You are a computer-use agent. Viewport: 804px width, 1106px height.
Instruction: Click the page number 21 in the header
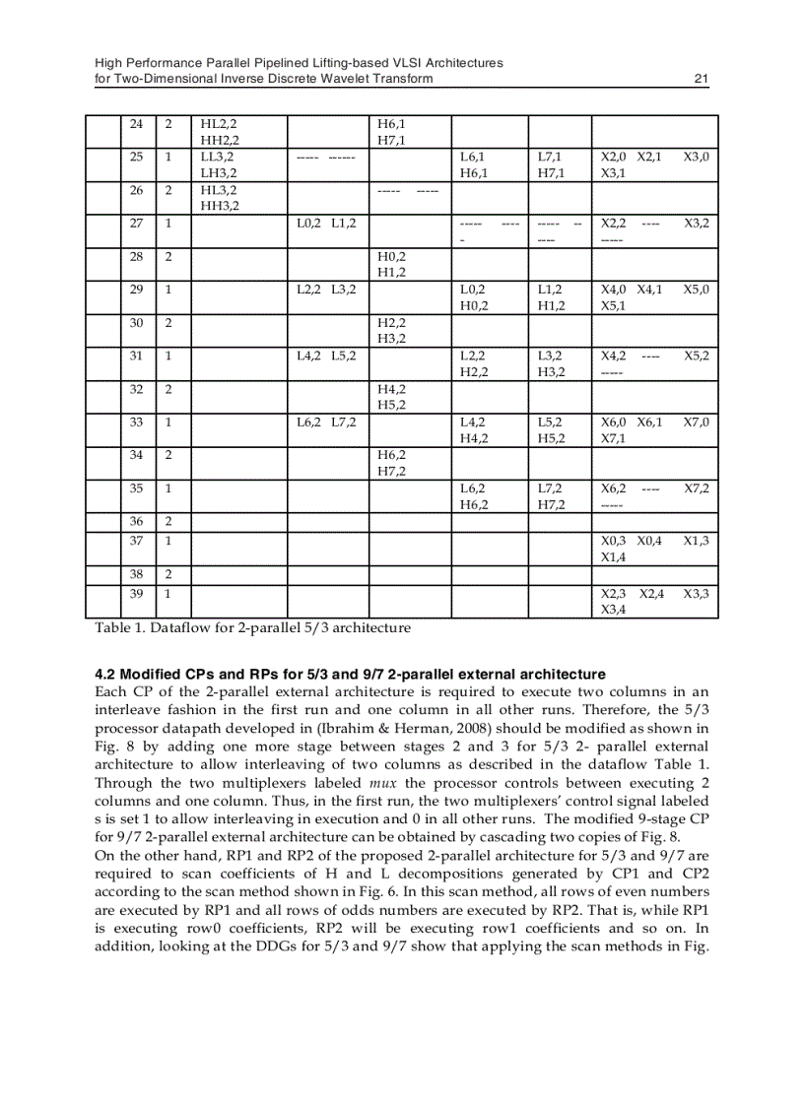click(x=701, y=79)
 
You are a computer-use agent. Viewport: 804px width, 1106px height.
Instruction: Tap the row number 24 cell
click(x=137, y=124)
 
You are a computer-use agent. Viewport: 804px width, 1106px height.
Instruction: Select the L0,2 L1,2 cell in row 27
click(x=327, y=224)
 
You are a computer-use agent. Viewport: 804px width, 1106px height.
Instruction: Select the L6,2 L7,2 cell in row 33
click(x=327, y=422)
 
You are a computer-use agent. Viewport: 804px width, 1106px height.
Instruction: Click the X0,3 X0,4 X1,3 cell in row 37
click(x=654, y=549)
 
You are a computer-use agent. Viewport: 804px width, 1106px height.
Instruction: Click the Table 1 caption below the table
click(x=252, y=627)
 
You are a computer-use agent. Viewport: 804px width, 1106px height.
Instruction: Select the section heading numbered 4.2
click(x=350, y=675)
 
